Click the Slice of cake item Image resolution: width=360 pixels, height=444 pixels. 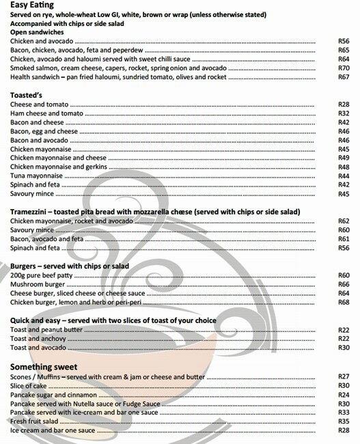click(30, 386)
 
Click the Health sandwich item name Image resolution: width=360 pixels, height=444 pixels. click(38, 77)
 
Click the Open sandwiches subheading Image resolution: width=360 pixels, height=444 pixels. click(37, 32)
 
